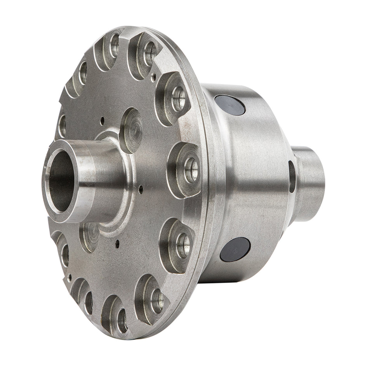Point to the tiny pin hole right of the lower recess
(x=117, y=244)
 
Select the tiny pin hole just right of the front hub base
(x=139, y=189)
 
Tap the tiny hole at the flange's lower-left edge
(x=70, y=277)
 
